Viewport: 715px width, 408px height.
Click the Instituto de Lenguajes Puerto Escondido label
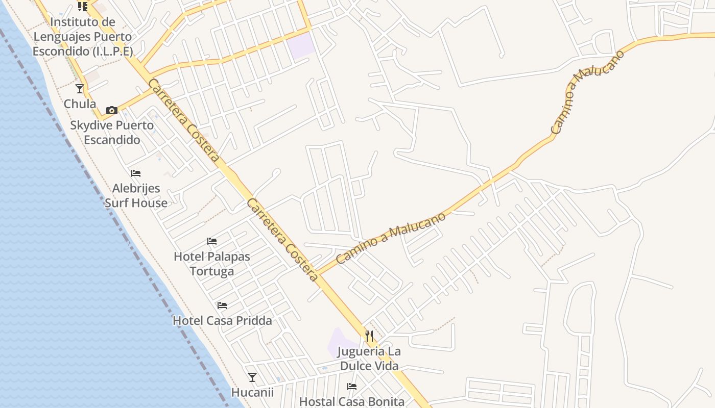(x=82, y=37)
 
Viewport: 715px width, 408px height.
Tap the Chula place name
(x=80, y=104)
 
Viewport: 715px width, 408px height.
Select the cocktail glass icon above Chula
(x=80, y=89)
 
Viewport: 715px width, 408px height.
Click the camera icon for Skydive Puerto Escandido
(x=112, y=110)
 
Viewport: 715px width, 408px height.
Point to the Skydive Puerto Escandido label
(x=112, y=133)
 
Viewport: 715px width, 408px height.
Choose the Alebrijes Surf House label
(x=136, y=196)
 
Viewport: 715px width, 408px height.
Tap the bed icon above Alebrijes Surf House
(x=136, y=173)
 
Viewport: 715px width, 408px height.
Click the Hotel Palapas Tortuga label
(x=212, y=264)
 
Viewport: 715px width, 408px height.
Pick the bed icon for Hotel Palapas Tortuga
(x=212, y=241)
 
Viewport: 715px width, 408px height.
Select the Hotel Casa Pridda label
(x=222, y=321)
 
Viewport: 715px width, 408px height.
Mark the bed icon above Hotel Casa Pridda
(x=222, y=305)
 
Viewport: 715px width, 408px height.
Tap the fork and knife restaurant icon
(x=369, y=336)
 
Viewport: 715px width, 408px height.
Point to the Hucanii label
(x=252, y=393)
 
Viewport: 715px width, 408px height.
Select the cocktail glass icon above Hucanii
(x=252, y=377)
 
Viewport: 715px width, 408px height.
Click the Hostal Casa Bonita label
(x=351, y=402)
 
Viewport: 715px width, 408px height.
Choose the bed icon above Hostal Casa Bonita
(x=352, y=387)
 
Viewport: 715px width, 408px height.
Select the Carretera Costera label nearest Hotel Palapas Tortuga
(x=282, y=240)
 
